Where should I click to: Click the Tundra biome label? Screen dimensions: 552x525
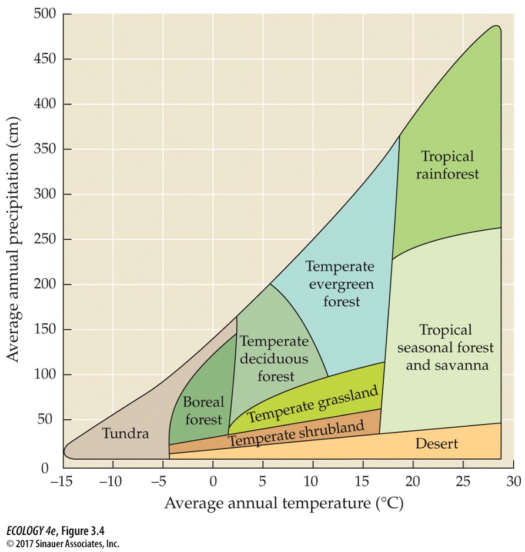tap(125, 434)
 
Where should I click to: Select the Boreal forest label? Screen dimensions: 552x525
tap(203, 410)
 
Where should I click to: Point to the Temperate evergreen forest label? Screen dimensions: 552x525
tap(340, 284)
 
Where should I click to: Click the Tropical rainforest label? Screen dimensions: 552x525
tap(447, 165)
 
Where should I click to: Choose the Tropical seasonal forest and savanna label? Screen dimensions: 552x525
tap(446, 347)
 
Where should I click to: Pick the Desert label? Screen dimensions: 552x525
tap(436, 443)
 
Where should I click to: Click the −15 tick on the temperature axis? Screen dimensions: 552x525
tap(63, 481)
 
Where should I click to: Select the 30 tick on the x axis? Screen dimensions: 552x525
tap(513, 481)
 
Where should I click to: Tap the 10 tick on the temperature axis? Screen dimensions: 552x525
tap(313, 481)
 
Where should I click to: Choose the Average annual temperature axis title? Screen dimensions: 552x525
tap(283, 504)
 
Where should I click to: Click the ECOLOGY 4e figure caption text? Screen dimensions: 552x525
tap(46, 533)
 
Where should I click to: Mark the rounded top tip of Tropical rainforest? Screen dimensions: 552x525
tap(496, 27)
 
